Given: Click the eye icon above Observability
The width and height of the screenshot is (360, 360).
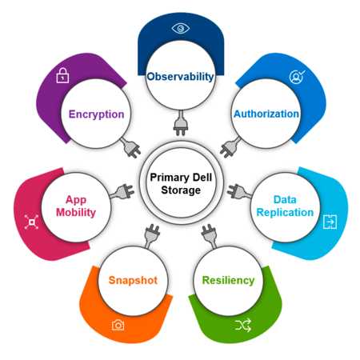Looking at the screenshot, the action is coord(181,28).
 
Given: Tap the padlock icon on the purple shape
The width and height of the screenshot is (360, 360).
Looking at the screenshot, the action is coord(62,75).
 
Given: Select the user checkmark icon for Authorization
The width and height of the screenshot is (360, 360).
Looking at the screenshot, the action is coord(297,77).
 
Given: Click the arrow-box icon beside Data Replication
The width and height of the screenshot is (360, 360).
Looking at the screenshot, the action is coord(330,222).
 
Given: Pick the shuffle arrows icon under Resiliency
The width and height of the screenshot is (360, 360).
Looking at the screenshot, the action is coord(243,325).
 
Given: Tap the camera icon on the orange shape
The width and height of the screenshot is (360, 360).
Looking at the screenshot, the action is coord(118,326).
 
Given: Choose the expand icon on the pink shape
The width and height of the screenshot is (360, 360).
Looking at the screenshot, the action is coord(31,222).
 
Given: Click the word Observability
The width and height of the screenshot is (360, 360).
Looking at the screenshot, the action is coord(180,77).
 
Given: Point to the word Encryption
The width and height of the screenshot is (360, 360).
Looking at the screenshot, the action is coord(97,114).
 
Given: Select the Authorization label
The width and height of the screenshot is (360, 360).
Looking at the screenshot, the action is coord(266,114).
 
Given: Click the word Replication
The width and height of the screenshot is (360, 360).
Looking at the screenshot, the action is coord(285,213).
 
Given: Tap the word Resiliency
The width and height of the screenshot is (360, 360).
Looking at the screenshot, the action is coord(228,280).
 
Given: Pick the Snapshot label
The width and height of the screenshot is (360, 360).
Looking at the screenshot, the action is coord(133,280).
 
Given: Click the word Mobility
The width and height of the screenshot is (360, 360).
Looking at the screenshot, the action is coord(76,213).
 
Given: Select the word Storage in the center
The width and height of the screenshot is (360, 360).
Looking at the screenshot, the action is coord(181,190).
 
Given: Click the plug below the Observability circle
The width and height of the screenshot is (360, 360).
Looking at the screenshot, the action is coord(181,123).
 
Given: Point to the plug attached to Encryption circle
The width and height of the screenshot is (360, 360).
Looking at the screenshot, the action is coord(130,147).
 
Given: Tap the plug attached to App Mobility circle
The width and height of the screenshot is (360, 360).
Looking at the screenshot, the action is coord(122,192).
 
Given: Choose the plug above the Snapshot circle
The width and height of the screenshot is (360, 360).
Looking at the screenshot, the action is coord(151,236).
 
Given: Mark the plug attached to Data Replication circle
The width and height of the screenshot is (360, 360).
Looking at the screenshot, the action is coord(239,191).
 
